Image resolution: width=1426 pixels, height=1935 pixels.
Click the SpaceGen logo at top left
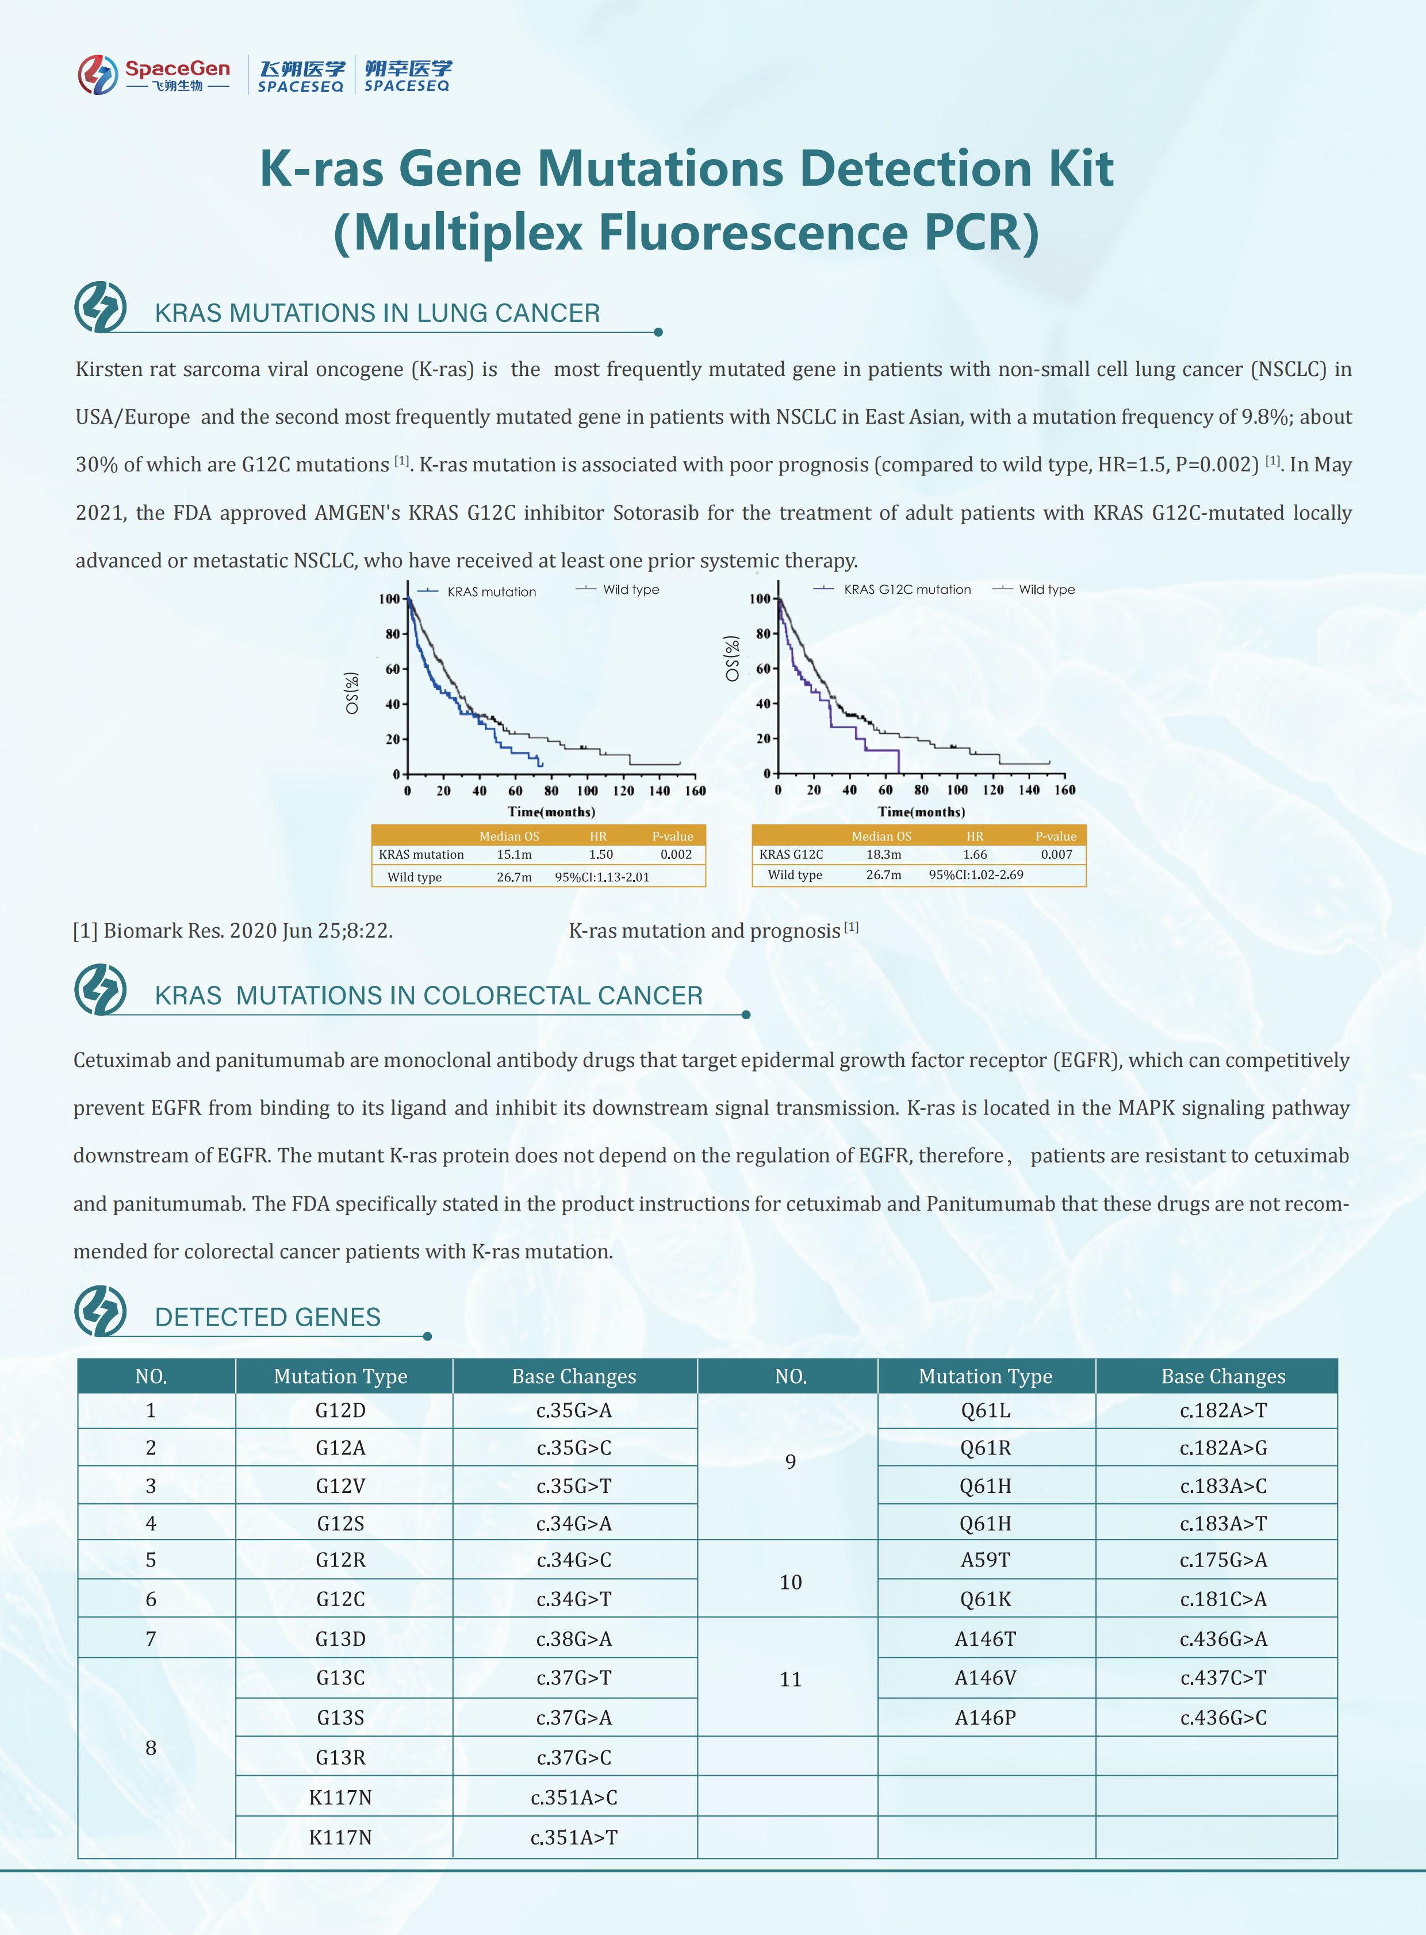coord(154,74)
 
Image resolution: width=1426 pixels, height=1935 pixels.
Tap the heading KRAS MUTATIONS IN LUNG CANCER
coord(377,313)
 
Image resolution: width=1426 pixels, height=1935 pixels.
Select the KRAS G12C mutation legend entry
coord(906,589)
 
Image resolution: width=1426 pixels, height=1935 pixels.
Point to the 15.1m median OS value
coord(515,854)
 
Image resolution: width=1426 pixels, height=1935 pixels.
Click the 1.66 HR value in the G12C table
coord(975,854)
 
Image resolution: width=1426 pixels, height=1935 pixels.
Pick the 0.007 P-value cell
coord(1056,854)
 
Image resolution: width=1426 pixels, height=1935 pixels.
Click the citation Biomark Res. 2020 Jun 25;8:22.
coord(233,930)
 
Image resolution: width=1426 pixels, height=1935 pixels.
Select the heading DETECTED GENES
coord(267,1317)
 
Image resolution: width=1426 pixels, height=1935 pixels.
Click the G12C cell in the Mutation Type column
coord(341,1599)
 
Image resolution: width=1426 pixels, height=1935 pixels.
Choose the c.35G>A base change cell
coord(574,1410)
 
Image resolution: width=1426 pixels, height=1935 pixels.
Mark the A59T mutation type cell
coord(985,1560)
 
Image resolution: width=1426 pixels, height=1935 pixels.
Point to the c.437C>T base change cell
coord(1223,1678)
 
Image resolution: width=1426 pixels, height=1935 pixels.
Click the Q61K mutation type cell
coord(985,1599)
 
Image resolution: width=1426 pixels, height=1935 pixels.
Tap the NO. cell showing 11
coord(791,1679)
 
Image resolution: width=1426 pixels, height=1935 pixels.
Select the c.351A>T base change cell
coord(574,1837)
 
